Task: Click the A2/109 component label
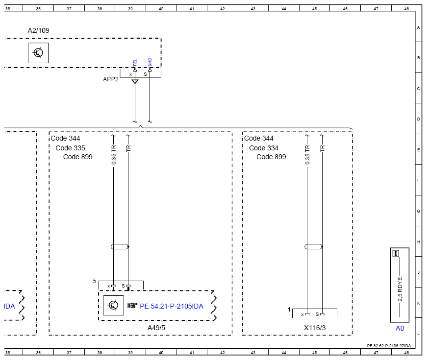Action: pyautogui.click(x=38, y=30)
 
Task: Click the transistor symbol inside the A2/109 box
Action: pyautogui.click(x=38, y=53)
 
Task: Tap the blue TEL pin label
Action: pyautogui.click(x=135, y=63)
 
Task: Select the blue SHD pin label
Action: pyautogui.click(x=150, y=62)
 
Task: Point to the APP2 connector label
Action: pyautogui.click(x=111, y=79)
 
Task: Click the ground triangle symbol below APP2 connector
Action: pyautogui.click(x=135, y=82)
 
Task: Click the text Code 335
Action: pyautogui.click(x=70, y=148)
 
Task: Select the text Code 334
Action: pyautogui.click(x=264, y=148)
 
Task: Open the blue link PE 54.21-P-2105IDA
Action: pyautogui.click(x=171, y=307)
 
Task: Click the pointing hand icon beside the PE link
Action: pyautogui.click(x=132, y=306)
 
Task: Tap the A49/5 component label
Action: pyautogui.click(x=156, y=328)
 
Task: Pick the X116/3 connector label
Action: pyautogui.click(x=315, y=328)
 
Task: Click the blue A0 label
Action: pyautogui.click(x=400, y=329)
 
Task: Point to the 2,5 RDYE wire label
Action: pyautogui.click(x=400, y=289)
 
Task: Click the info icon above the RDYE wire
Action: pyautogui.click(x=396, y=254)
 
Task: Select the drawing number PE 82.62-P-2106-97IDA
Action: pyautogui.click(x=389, y=346)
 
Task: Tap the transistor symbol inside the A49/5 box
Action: pyautogui.click(x=113, y=306)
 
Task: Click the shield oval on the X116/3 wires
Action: pyautogui.click(x=314, y=247)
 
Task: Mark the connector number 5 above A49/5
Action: pyautogui.click(x=95, y=281)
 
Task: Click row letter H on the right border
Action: pyautogui.click(x=419, y=242)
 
